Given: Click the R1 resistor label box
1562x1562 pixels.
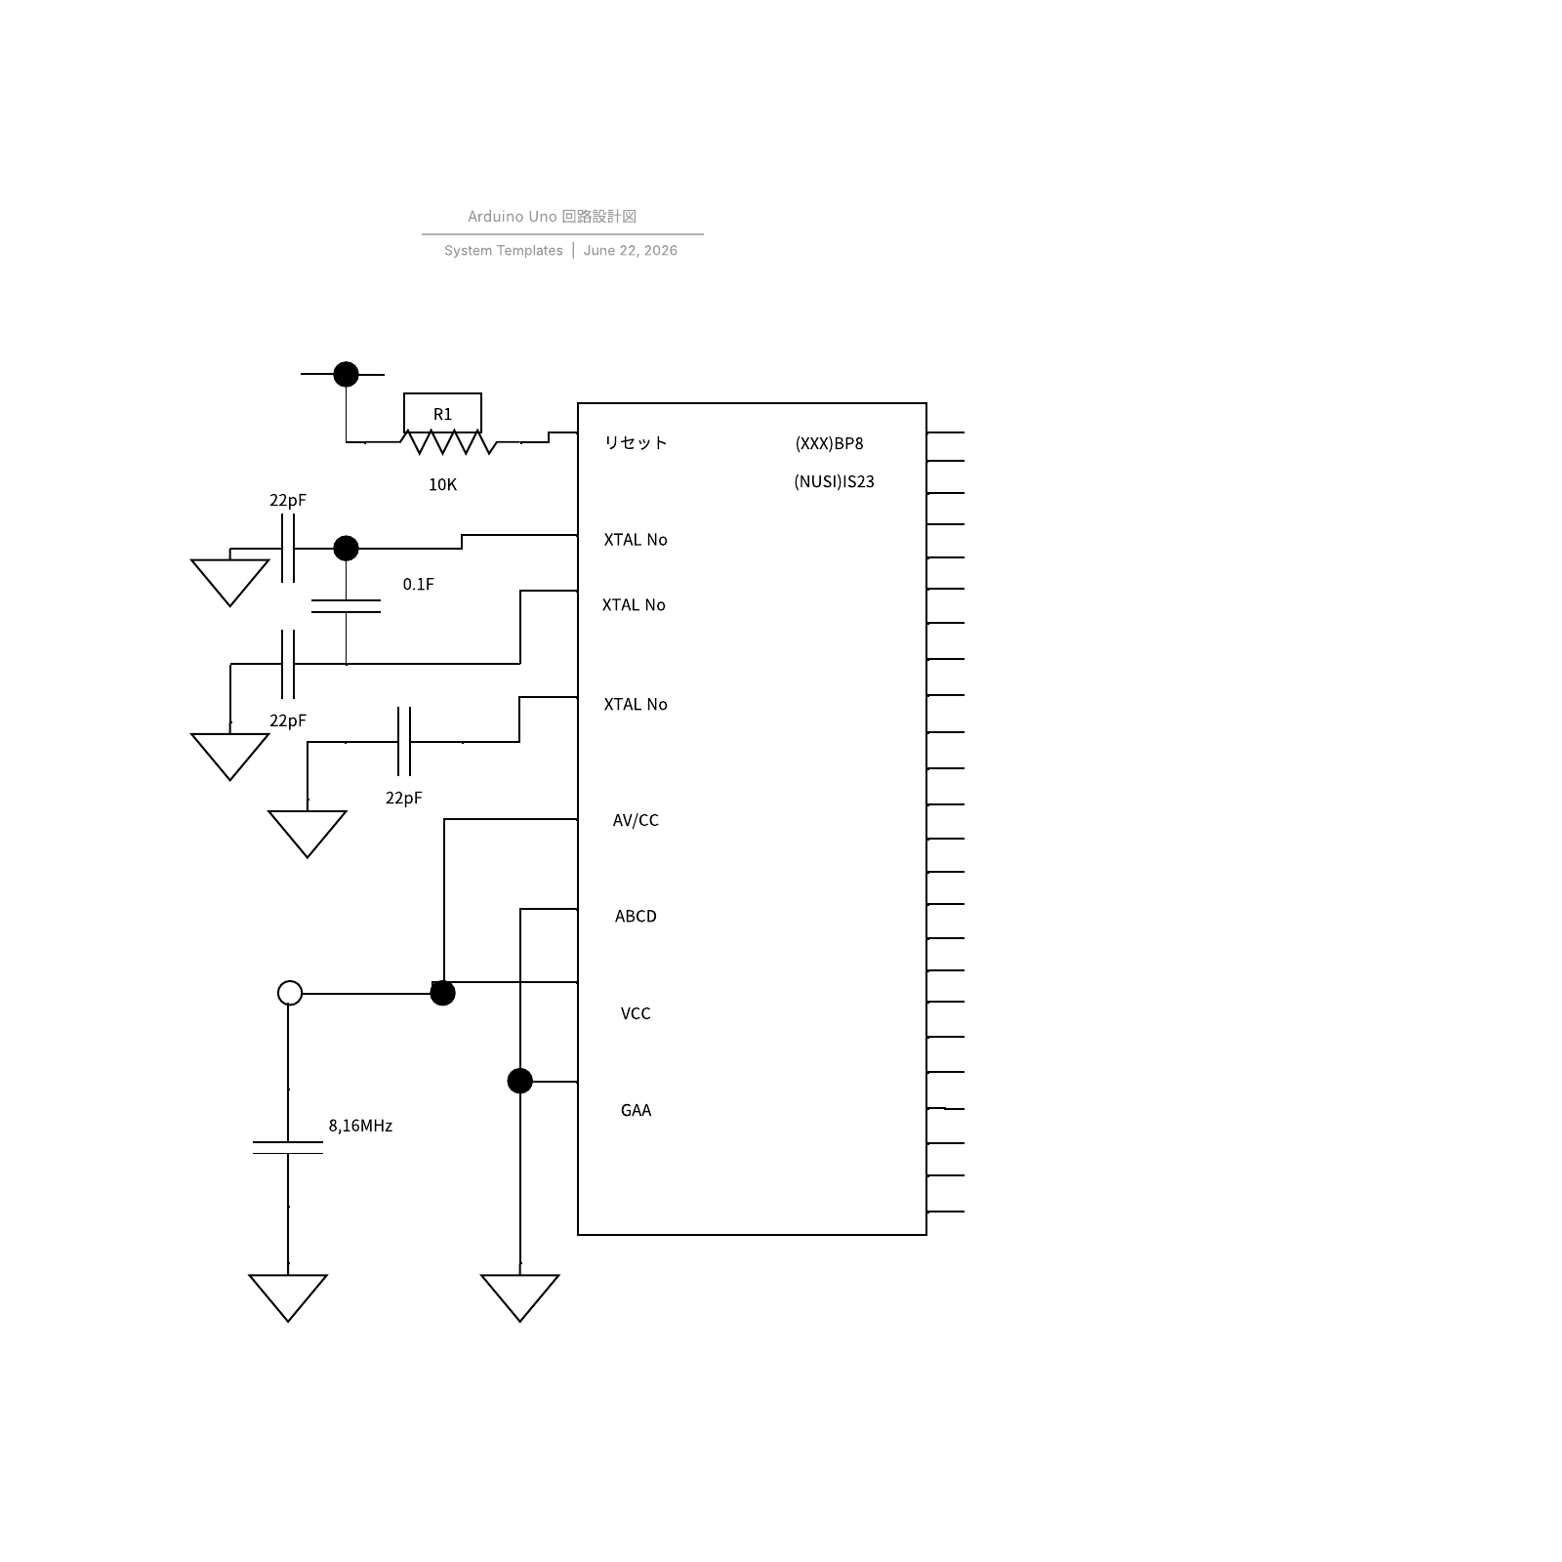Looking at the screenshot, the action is (x=442, y=413).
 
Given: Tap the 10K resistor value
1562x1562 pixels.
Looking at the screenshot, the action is (x=442, y=484).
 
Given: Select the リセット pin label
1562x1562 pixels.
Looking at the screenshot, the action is (x=636, y=442).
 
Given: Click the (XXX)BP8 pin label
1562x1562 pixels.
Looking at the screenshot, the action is (x=830, y=443).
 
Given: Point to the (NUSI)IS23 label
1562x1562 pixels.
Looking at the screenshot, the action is (x=834, y=481).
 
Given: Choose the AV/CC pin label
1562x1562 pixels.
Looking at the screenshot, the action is (x=636, y=820).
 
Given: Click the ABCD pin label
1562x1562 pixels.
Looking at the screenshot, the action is (x=636, y=916).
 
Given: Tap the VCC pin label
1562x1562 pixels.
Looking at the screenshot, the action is (x=636, y=1013).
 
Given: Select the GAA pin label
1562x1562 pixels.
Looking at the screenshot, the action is (x=636, y=1110).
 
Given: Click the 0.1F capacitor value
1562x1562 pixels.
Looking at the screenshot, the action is (x=419, y=584).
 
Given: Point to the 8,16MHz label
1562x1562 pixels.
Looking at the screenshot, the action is (x=360, y=1126).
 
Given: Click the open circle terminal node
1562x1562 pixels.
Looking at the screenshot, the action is (x=290, y=993).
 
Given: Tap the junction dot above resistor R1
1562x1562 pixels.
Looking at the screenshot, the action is (x=346, y=374).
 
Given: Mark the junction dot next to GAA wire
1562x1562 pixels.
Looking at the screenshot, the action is (x=520, y=1081).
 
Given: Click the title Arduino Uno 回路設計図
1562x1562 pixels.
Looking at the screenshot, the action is (x=552, y=217).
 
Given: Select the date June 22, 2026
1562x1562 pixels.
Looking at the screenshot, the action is (x=631, y=251).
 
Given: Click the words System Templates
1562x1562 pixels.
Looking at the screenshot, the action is (x=504, y=251).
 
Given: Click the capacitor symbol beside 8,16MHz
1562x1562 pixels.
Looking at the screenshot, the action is (x=288, y=1147).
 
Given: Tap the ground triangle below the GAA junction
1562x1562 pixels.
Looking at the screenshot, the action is (x=520, y=1296).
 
